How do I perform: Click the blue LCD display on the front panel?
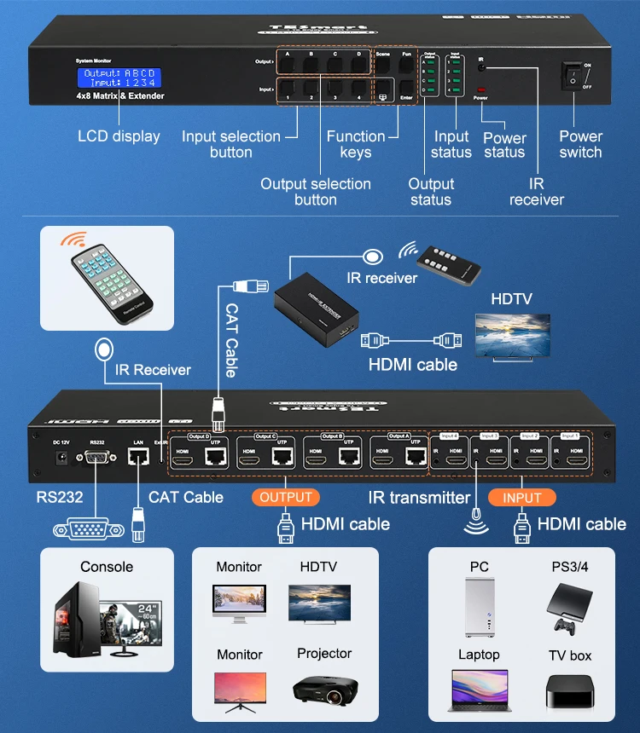pyautogui.click(x=119, y=78)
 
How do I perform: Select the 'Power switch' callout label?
pyautogui.click(x=580, y=144)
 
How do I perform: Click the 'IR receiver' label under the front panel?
pyautogui.click(x=536, y=192)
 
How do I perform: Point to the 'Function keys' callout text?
pyautogui.click(x=356, y=144)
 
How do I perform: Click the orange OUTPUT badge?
pyautogui.click(x=286, y=497)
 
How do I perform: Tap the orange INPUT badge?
pyautogui.click(x=521, y=498)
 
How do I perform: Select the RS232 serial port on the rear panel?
pyautogui.click(x=96, y=459)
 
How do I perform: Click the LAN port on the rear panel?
pyautogui.click(x=138, y=458)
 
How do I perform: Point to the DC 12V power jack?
pyautogui.click(x=61, y=459)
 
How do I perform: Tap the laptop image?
pyautogui.click(x=479, y=691)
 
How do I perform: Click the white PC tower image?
pyautogui.click(x=479, y=607)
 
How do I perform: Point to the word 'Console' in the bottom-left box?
pyautogui.click(x=107, y=567)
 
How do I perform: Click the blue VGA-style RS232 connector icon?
pyautogui.click(x=84, y=529)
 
